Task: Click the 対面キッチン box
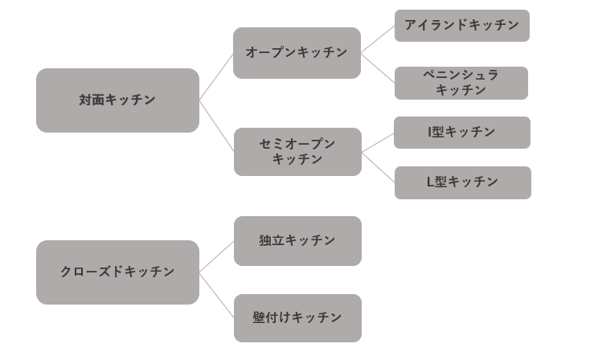(x=117, y=100)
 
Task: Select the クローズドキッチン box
(x=117, y=272)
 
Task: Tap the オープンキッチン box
(x=297, y=53)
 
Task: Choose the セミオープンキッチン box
(x=297, y=152)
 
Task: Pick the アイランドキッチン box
(x=461, y=26)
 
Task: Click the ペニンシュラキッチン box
(x=461, y=83)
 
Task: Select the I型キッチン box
(x=461, y=133)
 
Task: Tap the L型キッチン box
(x=462, y=182)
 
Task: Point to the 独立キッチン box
(x=297, y=241)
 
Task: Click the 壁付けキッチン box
(x=297, y=318)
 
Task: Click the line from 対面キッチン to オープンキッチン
(x=216, y=77)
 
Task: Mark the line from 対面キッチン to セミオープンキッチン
(x=216, y=126)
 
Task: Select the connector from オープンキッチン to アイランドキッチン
(x=378, y=39)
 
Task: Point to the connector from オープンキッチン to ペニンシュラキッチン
(x=378, y=67)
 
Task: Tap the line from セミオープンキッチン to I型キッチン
(x=378, y=143)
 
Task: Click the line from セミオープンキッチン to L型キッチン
(x=378, y=167)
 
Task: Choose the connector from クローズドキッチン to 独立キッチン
(x=216, y=258)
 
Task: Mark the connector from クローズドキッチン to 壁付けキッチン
(x=216, y=295)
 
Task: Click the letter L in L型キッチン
(x=430, y=182)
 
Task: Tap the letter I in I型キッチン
(x=429, y=133)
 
